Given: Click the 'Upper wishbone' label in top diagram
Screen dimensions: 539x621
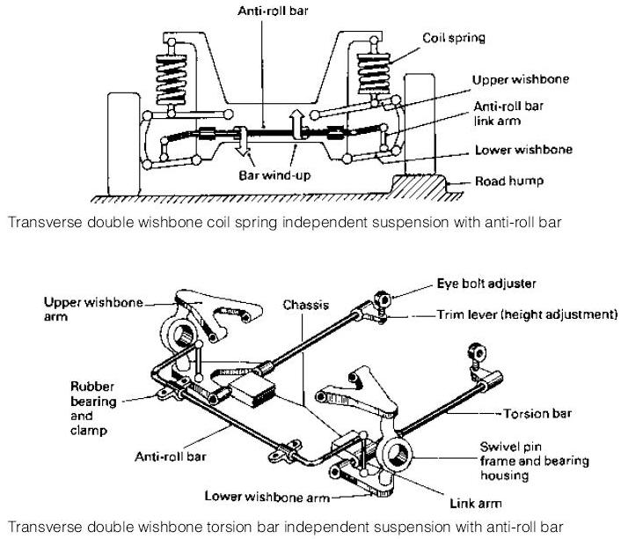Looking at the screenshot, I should [520, 79].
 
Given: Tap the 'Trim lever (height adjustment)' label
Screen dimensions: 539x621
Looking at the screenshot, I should [527, 314].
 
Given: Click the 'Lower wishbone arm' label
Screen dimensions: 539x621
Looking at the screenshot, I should [253, 496].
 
